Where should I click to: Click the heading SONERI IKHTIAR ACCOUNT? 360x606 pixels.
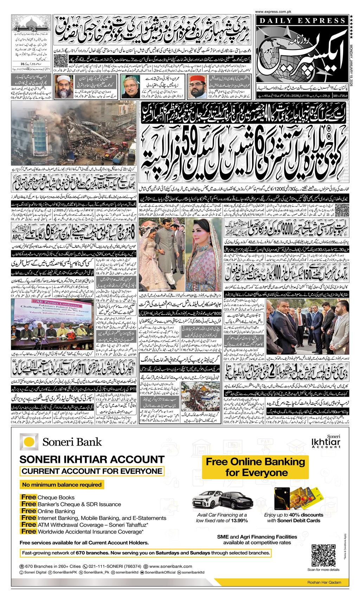coord(92,460)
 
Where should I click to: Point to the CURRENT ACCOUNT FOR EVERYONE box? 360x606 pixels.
coord(92,472)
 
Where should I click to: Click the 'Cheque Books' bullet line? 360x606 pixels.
coord(47,497)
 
